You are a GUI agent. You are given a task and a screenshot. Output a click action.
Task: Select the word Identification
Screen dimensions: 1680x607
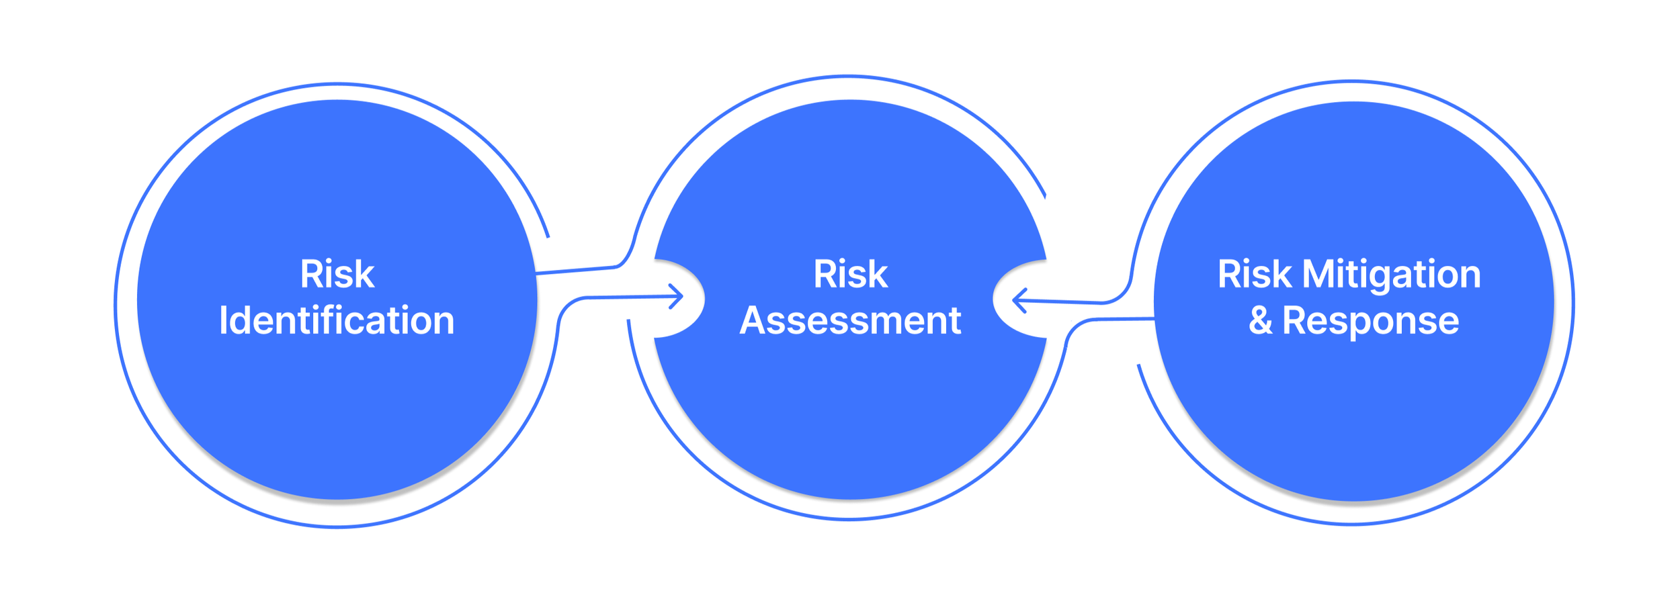point(337,320)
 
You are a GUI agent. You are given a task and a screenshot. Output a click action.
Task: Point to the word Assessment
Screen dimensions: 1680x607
point(850,320)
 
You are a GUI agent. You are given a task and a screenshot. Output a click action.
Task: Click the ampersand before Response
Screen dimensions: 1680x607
point(1261,320)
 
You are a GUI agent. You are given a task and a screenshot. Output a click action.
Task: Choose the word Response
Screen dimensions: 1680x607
point(1371,321)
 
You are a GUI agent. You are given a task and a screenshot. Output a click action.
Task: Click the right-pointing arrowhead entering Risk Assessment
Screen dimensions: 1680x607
point(676,296)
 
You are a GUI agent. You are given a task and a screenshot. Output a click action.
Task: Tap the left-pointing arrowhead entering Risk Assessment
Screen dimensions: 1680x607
point(1019,300)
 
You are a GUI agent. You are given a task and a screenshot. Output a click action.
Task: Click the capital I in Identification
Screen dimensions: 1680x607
point(223,320)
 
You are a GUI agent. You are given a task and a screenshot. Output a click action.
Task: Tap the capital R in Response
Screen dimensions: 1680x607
point(1294,320)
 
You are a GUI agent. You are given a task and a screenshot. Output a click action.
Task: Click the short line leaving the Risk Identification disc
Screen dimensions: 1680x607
point(575,270)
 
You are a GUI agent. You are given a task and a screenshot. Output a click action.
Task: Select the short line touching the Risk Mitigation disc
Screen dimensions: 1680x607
point(1126,320)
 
